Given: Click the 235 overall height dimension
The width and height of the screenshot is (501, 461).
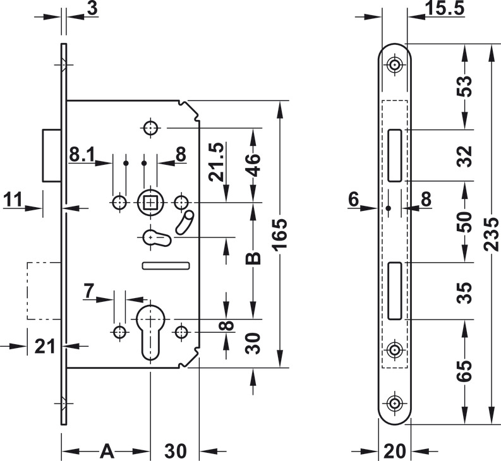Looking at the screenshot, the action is coord(491,234).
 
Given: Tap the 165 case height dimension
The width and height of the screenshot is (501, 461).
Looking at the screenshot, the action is coord(281,234).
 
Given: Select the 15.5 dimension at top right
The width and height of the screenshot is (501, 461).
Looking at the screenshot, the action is coord(445,8).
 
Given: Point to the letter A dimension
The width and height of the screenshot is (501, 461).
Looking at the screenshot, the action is coord(107,452).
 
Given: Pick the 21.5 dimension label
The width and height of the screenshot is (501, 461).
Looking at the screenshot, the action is coord(215,162).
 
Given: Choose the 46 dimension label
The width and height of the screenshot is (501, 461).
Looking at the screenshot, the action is coord(254,165).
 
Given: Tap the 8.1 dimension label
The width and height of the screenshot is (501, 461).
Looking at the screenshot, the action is coord(82,155).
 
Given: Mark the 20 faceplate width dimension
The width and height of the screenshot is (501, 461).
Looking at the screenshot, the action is coord(394,452).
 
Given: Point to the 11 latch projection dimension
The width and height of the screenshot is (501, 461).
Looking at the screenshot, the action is coord(13,200).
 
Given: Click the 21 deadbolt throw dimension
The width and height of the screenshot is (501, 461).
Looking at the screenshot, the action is coord(45,346).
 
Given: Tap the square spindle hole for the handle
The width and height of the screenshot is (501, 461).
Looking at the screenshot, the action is coord(150,202).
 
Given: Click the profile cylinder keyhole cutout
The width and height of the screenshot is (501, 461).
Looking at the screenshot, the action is coord(150,332).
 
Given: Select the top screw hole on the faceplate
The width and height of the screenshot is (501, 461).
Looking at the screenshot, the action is coord(395,65).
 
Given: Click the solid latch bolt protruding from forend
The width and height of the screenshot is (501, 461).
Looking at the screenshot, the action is coord(51,155).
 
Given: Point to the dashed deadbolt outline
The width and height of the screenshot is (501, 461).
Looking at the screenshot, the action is coord(44,290).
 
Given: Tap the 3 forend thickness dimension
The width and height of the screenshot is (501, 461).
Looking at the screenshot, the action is coord(92,8).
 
